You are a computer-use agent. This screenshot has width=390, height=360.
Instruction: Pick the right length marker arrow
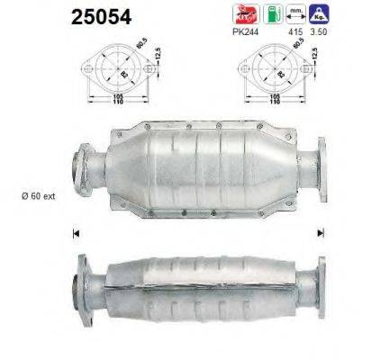[x=320, y=233]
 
